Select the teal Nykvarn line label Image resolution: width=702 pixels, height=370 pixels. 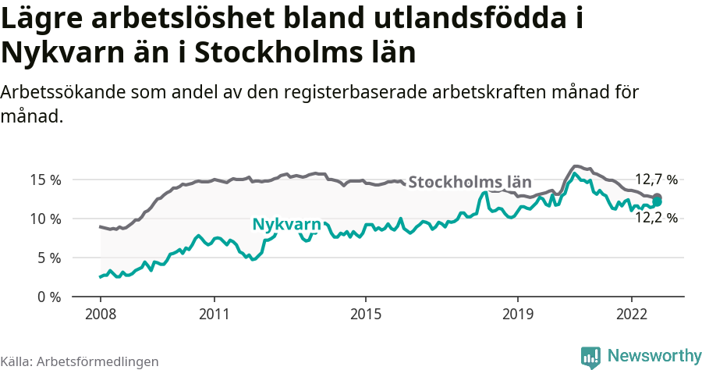pyautogui.click(x=286, y=225)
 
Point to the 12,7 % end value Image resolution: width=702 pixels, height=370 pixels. pyautogui.click(x=655, y=179)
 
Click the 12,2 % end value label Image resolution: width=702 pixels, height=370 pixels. pyautogui.click(x=655, y=218)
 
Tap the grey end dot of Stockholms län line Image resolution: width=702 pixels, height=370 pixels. pyautogui.click(x=658, y=197)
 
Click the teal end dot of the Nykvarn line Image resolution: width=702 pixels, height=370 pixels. pyautogui.click(x=658, y=202)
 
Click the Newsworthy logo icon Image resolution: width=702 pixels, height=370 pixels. pyautogui.click(x=590, y=356)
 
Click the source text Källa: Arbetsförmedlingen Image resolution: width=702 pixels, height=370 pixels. pyautogui.click(x=80, y=361)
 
